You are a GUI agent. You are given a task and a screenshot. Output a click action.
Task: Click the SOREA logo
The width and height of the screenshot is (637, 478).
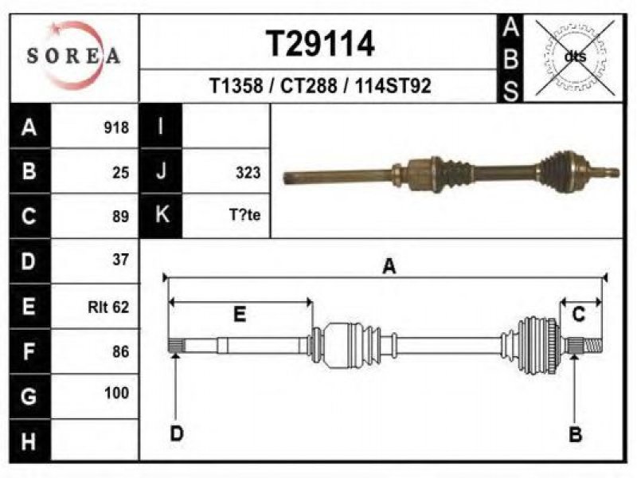pos(73,56)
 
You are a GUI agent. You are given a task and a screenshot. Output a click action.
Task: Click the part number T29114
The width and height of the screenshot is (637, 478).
pos(320,44)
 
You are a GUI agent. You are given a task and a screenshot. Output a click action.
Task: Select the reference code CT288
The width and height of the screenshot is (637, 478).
pos(309,86)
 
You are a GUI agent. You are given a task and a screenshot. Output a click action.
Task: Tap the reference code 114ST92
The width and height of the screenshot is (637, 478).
pos(393,86)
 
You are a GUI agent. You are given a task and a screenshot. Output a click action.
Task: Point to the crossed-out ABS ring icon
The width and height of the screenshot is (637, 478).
pos(575,57)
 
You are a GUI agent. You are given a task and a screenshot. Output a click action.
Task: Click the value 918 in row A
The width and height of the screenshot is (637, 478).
pos(116,127)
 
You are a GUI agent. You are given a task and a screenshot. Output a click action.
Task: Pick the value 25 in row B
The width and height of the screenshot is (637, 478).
pos(121,173)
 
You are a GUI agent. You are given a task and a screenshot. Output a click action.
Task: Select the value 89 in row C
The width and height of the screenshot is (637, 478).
pos(121,217)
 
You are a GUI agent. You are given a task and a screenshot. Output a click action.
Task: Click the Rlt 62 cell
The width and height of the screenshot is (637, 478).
pos(108,307)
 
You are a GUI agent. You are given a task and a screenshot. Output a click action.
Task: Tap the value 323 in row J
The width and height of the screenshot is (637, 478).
pos(248,173)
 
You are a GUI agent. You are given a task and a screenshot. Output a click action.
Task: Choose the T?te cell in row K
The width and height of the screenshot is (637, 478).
pos(245,214)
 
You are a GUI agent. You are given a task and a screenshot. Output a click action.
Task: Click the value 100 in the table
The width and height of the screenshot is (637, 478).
pos(116,393)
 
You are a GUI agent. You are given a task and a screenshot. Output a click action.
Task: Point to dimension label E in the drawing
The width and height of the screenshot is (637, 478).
pos(240,314)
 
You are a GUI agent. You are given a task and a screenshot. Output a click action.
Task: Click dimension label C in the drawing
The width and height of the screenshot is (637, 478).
pos(579,315)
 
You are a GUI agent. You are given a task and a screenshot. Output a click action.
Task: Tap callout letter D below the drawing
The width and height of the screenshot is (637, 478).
pos(177,433)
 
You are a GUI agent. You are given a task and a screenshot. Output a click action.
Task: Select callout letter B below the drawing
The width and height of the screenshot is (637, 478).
pos(575,434)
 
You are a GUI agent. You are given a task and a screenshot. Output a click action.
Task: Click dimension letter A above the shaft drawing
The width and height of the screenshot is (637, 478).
pos(389,267)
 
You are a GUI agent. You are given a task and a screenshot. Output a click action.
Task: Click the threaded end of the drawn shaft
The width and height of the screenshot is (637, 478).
pos(593,347)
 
